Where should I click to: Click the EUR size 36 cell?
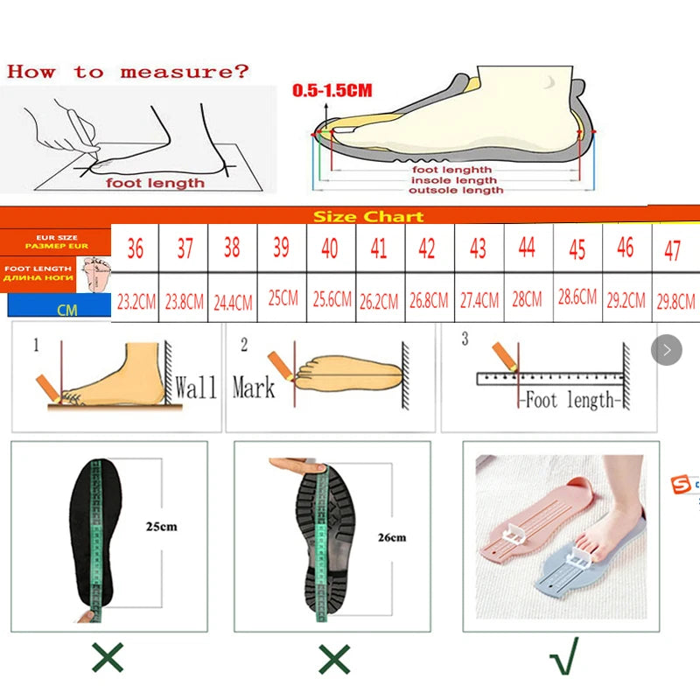[135, 248]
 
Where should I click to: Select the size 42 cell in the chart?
[427, 248]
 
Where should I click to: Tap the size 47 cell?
[672, 251]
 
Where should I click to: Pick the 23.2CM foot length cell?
[136, 303]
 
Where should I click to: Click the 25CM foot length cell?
[283, 299]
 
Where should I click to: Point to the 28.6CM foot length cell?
[577, 297]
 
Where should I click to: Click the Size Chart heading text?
[368, 217]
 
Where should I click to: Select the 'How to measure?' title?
[128, 72]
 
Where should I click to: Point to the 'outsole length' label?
[457, 190]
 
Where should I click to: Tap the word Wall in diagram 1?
[196, 387]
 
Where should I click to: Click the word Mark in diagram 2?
[254, 387]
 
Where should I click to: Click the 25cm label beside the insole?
[161, 527]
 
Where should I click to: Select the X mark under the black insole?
[108, 658]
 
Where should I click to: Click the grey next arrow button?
[667, 351]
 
